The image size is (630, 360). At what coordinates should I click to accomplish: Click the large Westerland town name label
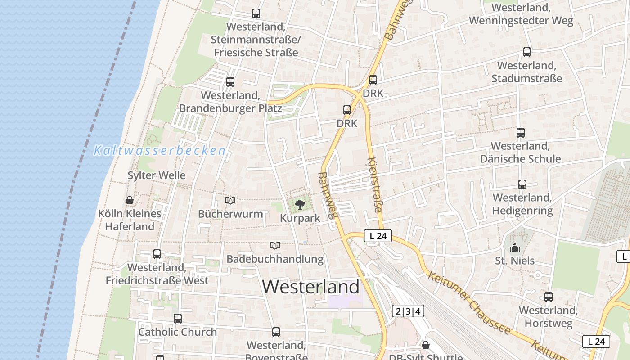pyautogui.click(x=311, y=287)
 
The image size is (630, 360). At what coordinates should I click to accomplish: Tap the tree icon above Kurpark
pyautogui.click(x=300, y=205)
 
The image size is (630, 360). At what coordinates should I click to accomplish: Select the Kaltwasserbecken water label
pyautogui.click(x=159, y=151)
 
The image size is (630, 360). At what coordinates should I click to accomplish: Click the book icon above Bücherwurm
pyautogui.click(x=230, y=200)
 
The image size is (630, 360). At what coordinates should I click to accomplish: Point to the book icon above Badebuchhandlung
pyautogui.click(x=275, y=245)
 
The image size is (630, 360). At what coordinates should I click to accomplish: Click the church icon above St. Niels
pyautogui.click(x=515, y=247)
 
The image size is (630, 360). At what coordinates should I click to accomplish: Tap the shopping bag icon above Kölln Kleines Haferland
pyautogui.click(x=130, y=200)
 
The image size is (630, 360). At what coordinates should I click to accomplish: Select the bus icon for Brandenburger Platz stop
pyautogui.click(x=230, y=82)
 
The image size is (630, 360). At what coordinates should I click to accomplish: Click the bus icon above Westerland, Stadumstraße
pyautogui.click(x=527, y=52)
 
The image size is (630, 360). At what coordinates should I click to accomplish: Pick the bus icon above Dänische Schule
pyautogui.click(x=521, y=133)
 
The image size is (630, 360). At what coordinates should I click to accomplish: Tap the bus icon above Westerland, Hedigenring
pyautogui.click(x=522, y=184)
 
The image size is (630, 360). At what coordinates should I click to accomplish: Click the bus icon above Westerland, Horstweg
pyautogui.click(x=549, y=297)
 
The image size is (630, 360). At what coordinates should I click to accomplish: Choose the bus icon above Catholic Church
pyautogui.click(x=178, y=319)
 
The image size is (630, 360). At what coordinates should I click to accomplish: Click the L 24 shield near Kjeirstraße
pyautogui.click(x=378, y=236)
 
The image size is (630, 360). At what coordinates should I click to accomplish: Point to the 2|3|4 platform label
pyautogui.click(x=408, y=311)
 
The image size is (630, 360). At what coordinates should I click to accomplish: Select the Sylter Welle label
pyautogui.click(x=157, y=175)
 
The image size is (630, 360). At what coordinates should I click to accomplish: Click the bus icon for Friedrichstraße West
pyautogui.click(x=157, y=254)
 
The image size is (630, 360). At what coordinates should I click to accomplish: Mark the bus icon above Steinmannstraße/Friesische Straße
pyautogui.click(x=256, y=13)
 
